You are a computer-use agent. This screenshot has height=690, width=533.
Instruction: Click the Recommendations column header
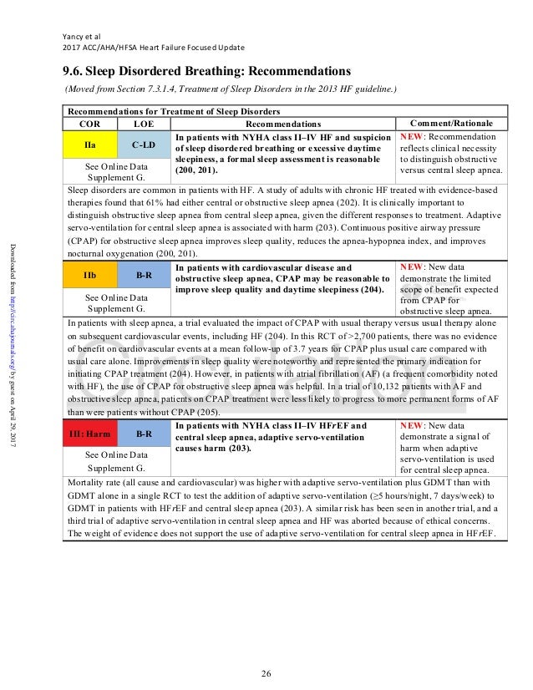283,123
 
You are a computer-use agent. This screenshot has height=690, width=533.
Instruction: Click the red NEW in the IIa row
414,134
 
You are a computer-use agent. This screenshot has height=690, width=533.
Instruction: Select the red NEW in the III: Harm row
414,425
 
